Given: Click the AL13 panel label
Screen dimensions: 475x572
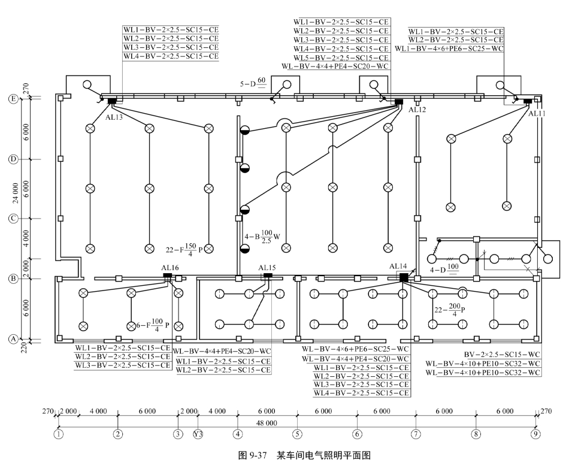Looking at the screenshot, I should tap(114, 117).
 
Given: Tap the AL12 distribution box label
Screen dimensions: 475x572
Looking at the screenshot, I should tap(417, 110).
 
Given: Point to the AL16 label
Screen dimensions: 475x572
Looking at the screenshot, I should tap(170, 268).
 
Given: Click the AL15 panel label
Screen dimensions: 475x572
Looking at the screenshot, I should tap(267, 268).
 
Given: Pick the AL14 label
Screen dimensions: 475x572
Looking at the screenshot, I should tap(398, 266).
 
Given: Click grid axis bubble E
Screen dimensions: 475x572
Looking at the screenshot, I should tap(12, 99).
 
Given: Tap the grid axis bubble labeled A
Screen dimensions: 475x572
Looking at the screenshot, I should tap(12, 339).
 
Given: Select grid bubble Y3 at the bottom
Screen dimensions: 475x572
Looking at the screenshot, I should tap(198, 434).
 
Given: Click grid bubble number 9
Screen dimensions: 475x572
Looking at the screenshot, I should tap(535, 434).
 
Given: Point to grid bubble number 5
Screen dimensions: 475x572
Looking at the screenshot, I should tap(296, 434).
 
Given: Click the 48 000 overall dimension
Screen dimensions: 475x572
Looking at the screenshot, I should tap(267, 423).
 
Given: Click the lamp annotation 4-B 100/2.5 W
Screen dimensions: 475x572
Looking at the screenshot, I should tap(262, 236).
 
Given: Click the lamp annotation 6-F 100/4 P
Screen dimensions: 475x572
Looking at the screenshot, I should tap(153, 325).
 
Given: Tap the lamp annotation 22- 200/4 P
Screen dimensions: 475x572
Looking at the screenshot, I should tap(450, 310).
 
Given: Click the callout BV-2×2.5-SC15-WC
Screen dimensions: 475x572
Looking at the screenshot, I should tap(502, 355).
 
